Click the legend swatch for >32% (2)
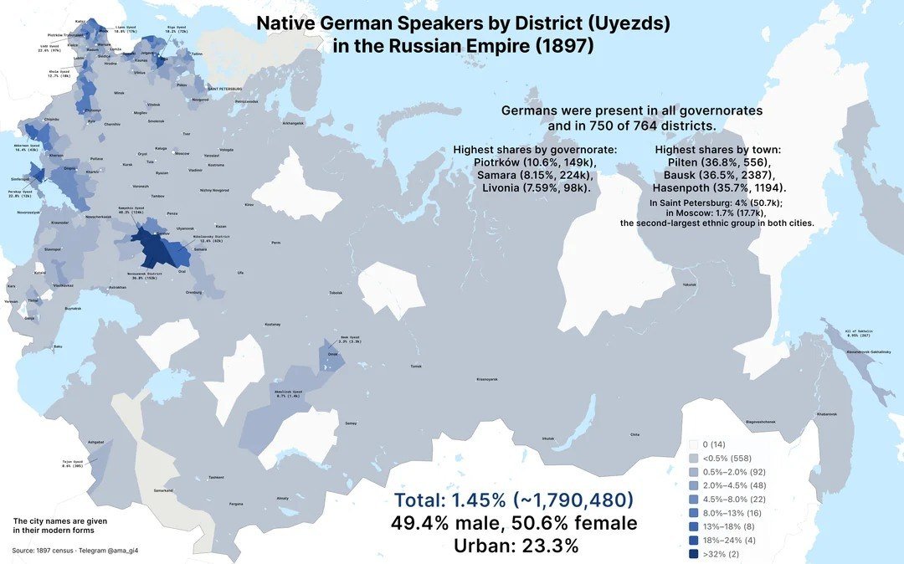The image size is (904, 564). pos(692,554)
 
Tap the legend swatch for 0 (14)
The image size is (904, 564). pos(692,444)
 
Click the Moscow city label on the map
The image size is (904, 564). pos(182,153)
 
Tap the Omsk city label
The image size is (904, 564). pos(332,354)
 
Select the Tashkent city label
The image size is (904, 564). pos(217,477)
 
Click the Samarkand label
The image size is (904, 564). pos(164,490)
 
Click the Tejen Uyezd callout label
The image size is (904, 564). pos(73,465)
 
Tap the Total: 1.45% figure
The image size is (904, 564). pos(513,500)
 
